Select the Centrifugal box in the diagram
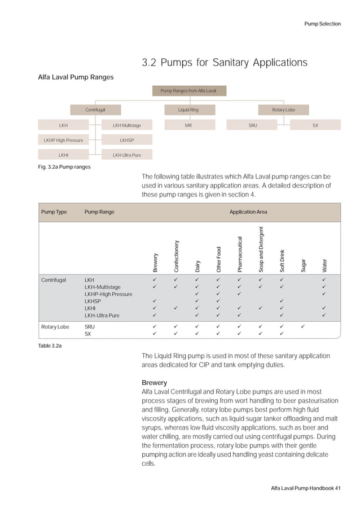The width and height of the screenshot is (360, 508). tap(95, 110)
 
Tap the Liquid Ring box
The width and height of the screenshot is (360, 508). tap(188, 110)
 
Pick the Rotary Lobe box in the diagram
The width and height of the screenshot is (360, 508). tap(283, 110)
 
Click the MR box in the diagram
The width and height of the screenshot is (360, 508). tap(188, 125)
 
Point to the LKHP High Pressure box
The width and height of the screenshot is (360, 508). tap(64, 140)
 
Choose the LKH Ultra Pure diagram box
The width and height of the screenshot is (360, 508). tap(126, 154)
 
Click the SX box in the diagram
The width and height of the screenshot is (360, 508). tap(315, 125)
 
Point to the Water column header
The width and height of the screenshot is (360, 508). tap(324, 264)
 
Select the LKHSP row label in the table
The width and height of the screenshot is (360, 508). tap(93, 301)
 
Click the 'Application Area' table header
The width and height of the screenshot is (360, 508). tap(248, 212)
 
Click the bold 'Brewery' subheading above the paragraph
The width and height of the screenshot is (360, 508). tap(154, 382)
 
